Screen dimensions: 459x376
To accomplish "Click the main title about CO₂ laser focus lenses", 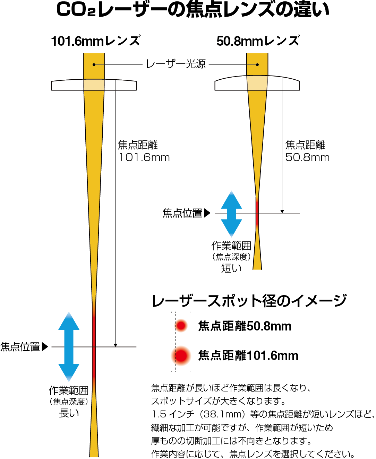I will point(193,10).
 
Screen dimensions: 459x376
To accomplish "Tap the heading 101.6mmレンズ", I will point(96,41).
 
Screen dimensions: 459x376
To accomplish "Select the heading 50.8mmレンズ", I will point(258,41).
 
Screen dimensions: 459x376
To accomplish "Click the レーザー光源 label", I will point(176,64).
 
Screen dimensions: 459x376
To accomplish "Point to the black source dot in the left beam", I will point(94,65).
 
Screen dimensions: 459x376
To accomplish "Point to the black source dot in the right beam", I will point(257,65).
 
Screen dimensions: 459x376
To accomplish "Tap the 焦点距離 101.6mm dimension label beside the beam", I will point(144,151).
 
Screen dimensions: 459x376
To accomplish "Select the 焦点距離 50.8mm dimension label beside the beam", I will point(307,151).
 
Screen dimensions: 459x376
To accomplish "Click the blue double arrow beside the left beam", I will point(69,346).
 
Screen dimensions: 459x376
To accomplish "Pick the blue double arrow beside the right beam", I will point(231,213).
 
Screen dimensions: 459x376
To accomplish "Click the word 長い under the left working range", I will point(69,413).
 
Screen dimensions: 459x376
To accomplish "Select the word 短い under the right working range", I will point(231,268).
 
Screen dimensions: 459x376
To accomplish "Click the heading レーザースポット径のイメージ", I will point(249,300).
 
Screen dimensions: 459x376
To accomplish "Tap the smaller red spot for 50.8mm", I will point(181,326).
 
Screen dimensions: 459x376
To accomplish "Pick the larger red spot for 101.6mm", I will point(181,355).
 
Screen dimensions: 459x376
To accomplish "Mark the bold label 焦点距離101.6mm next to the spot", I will point(248,355).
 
